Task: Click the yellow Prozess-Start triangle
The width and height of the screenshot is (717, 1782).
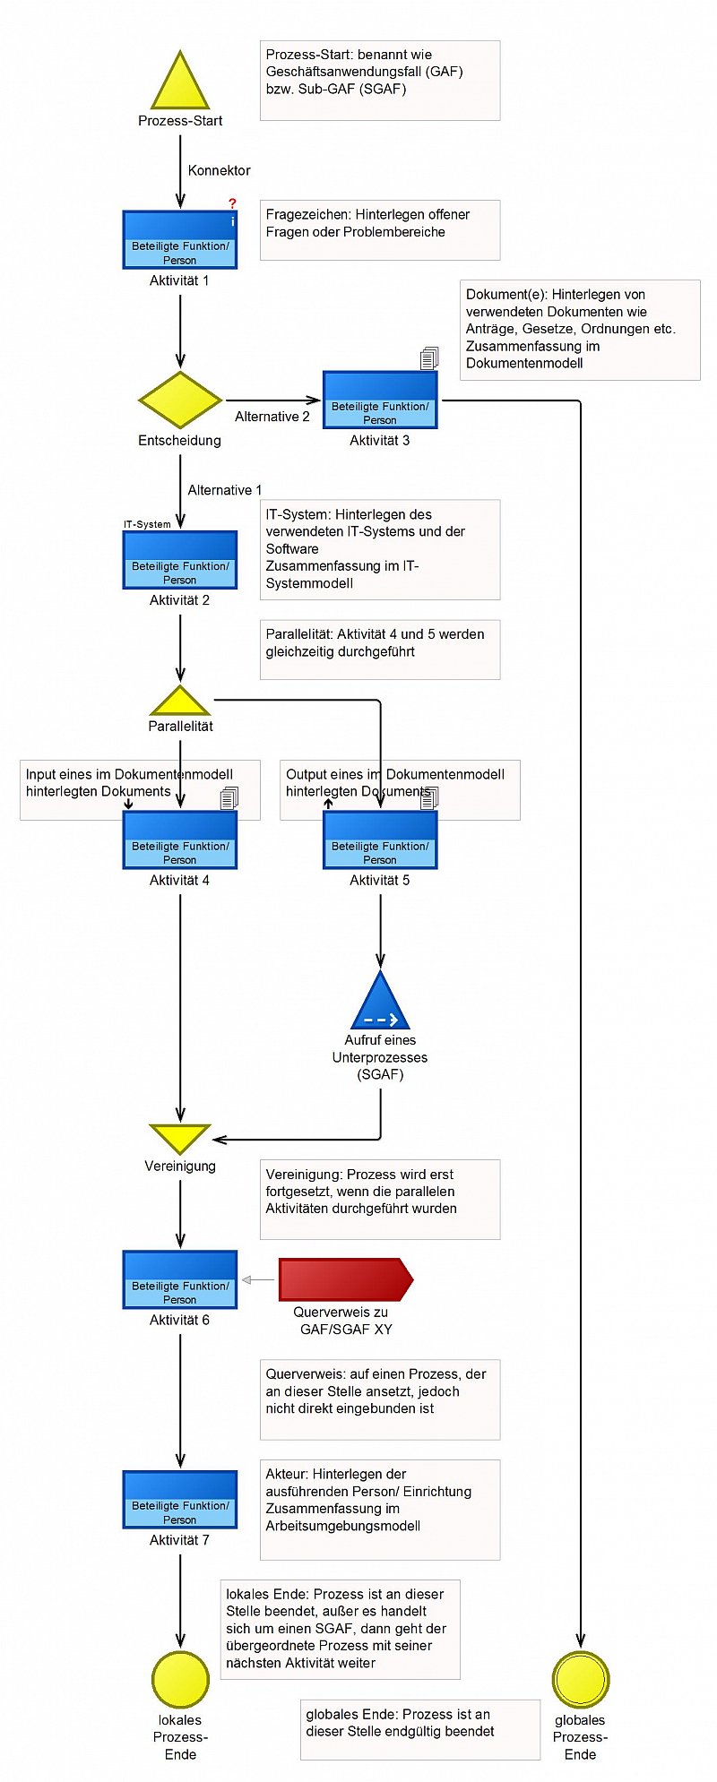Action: pyautogui.click(x=180, y=83)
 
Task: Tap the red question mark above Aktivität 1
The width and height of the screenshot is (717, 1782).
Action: pyautogui.click(x=232, y=203)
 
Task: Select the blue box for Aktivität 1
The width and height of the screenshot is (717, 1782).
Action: pyautogui.click(x=180, y=239)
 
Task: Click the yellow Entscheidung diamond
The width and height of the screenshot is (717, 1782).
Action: pyautogui.click(x=180, y=400)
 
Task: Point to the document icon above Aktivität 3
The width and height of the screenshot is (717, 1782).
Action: pyautogui.click(x=429, y=358)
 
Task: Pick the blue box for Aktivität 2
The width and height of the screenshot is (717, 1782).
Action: pyautogui.click(x=180, y=560)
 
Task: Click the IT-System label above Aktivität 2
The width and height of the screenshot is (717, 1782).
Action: pyautogui.click(x=147, y=524)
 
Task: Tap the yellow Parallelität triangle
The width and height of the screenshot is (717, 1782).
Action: pyautogui.click(x=180, y=702)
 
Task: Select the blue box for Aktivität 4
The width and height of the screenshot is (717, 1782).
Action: pyautogui.click(x=180, y=839)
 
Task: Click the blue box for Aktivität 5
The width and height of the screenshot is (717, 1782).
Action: pyautogui.click(x=380, y=839)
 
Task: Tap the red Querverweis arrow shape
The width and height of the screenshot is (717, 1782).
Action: pyautogui.click(x=346, y=1279)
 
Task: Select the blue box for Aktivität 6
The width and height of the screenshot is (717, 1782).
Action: pyautogui.click(x=180, y=1279)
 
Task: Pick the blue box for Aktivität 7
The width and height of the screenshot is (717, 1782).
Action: pyautogui.click(x=180, y=1499)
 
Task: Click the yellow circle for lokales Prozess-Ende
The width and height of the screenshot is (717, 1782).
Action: pyautogui.click(x=180, y=1679)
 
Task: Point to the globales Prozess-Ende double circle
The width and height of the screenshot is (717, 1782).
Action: pyautogui.click(x=581, y=1679)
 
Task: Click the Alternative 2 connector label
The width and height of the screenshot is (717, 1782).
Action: pyautogui.click(x=272, y=417)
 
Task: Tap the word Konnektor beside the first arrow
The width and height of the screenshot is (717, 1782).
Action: pyautogui.click(x=220, y=170)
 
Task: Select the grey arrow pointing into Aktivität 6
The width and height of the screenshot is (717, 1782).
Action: pyautogui.click(x=258, y=1279)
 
